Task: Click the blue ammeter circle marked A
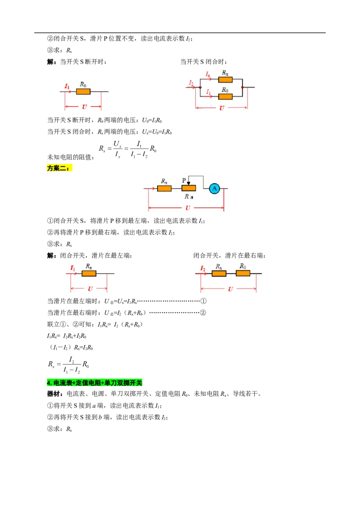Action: (x=215, y=188)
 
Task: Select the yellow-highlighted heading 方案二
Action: (x=59, y=168)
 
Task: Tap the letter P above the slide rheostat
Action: (x=184, y=180)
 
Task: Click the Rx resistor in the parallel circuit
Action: (x=225, y=80)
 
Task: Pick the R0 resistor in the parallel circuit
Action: (x=225, y=96)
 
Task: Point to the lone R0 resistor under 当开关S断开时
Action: (x=83, y=92)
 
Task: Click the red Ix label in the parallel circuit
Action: (x=207, y=74)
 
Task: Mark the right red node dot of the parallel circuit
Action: (x=243, y=87)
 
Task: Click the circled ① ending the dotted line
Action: (x=203, y=301)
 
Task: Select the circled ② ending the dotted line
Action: (x=203, y=313)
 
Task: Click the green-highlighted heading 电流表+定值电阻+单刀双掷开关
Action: (x=94, y=383)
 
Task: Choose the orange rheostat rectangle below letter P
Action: (x=189, y=188)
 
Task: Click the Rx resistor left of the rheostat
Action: (x=164, y=188)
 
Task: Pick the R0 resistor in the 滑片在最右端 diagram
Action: (x=243, y=273)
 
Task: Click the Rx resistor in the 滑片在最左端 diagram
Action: (x=89, y=273)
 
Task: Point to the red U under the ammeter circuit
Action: (x=188, y=208)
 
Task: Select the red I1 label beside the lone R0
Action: (x=67, y=86)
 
